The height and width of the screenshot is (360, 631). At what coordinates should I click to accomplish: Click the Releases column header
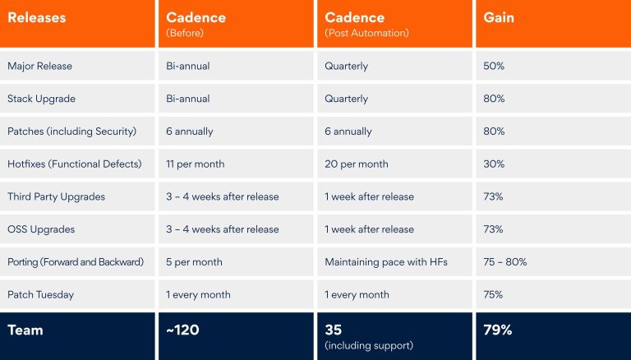(36, 17)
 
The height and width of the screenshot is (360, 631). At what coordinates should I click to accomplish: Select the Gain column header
(499, 17)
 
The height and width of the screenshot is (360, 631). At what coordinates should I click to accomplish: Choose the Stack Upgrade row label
(41, 99)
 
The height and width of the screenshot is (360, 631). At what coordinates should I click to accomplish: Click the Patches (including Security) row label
(71, 132)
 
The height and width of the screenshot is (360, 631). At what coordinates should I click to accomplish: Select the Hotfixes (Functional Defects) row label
(74, 164)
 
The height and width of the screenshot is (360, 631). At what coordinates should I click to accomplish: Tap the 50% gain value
(494, 66)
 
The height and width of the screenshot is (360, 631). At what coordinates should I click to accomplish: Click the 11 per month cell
(195, 164)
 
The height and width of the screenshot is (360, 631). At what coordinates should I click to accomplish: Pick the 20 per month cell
(357, 164)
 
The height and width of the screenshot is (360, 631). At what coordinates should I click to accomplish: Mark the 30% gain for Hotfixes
(494, 164)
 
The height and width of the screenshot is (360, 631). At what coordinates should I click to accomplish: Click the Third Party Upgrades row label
(56, 197)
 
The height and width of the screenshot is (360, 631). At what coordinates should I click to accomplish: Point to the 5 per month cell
(194, 262)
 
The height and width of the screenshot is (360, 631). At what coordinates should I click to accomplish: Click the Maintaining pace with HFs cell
(385, 262)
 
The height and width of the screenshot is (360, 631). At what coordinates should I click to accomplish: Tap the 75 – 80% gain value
(504, 262)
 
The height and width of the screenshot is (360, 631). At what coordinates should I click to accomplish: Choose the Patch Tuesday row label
(39, 295)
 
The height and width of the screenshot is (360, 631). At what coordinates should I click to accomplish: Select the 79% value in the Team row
(498, 330)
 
